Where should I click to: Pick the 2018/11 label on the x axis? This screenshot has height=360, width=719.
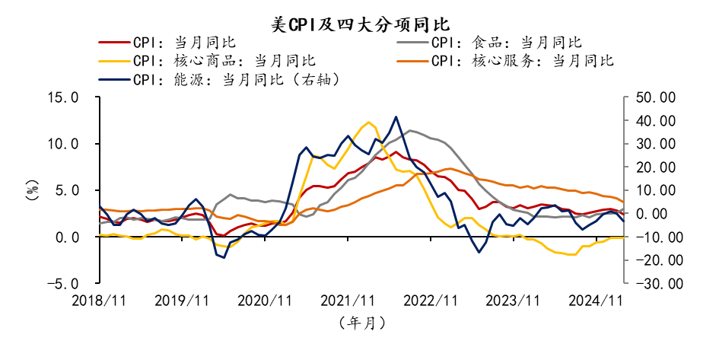point(99,301)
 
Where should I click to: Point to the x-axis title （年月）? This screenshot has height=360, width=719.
point(361,323)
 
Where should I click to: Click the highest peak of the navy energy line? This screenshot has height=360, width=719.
point(396,117)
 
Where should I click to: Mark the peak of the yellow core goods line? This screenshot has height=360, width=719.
point(369,122)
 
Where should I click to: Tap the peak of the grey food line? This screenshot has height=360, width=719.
point(411,131)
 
